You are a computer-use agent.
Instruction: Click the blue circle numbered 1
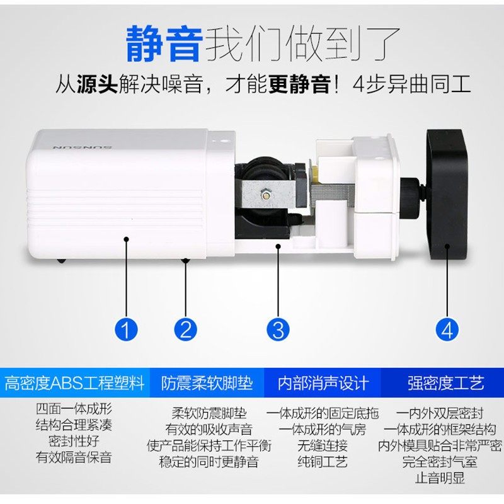127,328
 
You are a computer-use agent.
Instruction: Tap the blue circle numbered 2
186,328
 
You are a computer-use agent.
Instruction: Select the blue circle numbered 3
278,328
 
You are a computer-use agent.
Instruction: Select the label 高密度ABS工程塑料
74,382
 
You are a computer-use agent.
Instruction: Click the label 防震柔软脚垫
207,382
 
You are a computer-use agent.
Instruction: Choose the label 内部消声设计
323,382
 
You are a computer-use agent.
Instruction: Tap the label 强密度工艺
445,382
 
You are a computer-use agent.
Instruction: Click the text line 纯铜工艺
323,462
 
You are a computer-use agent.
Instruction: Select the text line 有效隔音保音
74,457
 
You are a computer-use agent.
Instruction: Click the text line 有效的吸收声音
209,430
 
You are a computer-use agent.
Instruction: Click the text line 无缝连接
323,446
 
